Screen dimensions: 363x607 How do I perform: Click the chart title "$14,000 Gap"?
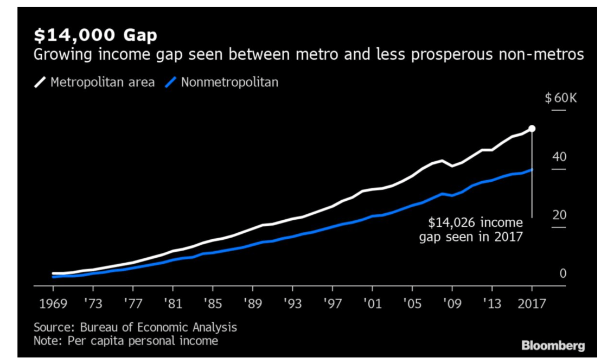tap(96, 35)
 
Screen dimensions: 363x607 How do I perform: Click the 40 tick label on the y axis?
tap(559, 157)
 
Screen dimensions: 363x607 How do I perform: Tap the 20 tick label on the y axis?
tap(559, 215)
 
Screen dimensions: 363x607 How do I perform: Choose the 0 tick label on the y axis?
tap(563, 273)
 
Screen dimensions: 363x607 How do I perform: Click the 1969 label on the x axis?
tap(53, 303)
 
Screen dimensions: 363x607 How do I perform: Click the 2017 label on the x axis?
tap(532, 303)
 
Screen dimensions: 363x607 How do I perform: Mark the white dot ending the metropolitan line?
tap(532, 129)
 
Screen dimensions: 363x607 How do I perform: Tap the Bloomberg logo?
tap(553, 345)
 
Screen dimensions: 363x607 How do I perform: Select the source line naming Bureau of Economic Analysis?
tap(135, 327)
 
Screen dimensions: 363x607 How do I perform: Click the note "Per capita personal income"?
tap(126, 341)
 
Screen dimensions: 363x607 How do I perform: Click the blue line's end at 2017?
tap(532, 170)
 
